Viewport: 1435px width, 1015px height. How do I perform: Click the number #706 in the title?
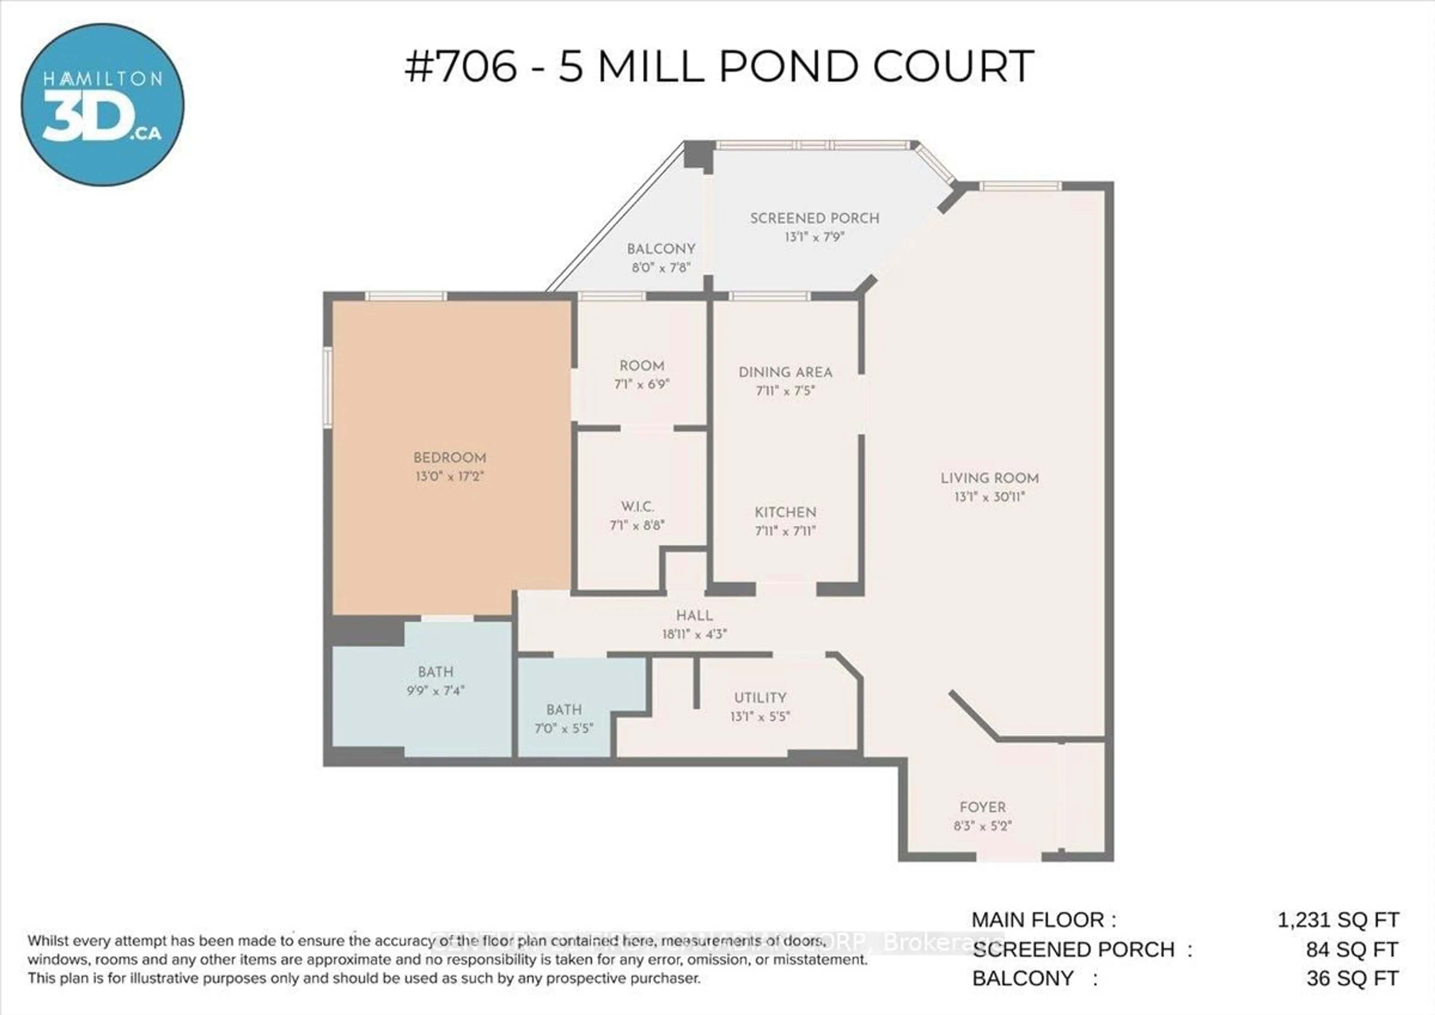[461, 66]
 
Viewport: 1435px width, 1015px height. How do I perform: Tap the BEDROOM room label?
[450, 458]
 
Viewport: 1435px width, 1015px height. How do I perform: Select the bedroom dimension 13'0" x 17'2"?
[450, 476]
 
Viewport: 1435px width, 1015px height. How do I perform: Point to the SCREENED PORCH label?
[814, 218]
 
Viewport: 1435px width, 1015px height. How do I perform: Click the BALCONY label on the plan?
[661, 249]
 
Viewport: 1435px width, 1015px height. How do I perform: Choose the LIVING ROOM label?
[989, 478]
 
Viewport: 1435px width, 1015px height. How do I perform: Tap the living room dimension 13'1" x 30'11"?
[989, 497]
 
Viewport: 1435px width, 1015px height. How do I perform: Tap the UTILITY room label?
[760, 697]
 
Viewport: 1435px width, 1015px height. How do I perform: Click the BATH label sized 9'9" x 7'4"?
[435, 672]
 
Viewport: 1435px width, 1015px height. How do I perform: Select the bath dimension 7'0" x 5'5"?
[564, 728]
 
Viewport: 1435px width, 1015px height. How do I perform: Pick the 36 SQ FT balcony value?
[1352, 978]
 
